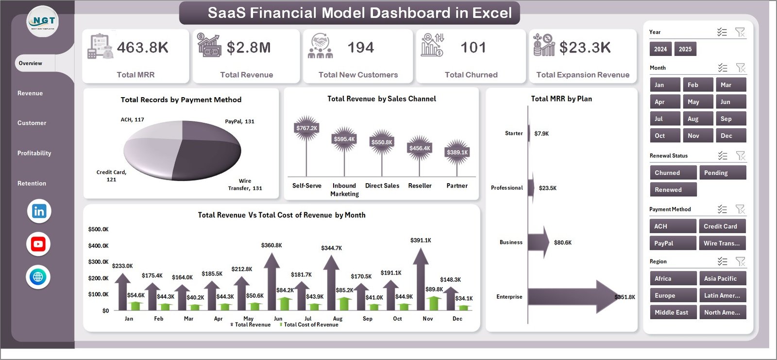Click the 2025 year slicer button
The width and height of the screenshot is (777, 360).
(685, 49)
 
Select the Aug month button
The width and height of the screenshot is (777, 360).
(698, 119)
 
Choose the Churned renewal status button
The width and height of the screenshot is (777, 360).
(673, 173)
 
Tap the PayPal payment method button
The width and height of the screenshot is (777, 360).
(673, 243)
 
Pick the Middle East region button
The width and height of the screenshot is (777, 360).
(673, 312)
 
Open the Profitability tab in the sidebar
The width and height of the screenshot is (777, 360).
(34, 153)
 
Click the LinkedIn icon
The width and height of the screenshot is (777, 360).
(39, 211)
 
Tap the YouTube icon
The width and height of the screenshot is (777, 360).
(38, 244)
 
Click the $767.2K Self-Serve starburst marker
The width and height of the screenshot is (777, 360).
(306, 128)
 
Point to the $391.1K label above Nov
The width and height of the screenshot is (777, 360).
(421, 240)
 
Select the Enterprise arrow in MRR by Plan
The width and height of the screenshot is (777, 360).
(573, 296)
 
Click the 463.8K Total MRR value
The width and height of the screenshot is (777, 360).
(142, 48)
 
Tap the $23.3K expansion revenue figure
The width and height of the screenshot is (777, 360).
(585, 48)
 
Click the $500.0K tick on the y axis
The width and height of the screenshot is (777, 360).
(98, 229)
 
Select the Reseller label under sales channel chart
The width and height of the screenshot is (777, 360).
(420, 186)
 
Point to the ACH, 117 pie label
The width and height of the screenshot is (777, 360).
(132, 120)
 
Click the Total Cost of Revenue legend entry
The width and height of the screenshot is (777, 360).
(310, 325)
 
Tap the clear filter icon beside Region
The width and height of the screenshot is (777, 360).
(740, 261)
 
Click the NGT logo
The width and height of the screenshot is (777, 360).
(43, 21)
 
